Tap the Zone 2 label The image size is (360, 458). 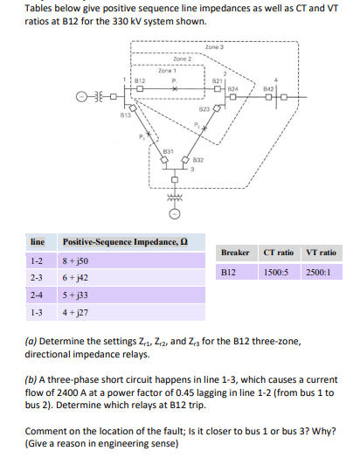183,58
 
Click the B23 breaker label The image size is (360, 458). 204,108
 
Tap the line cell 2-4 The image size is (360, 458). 38,296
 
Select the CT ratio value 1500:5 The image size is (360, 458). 280,272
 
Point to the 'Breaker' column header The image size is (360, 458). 235,253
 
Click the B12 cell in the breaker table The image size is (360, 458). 229,272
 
